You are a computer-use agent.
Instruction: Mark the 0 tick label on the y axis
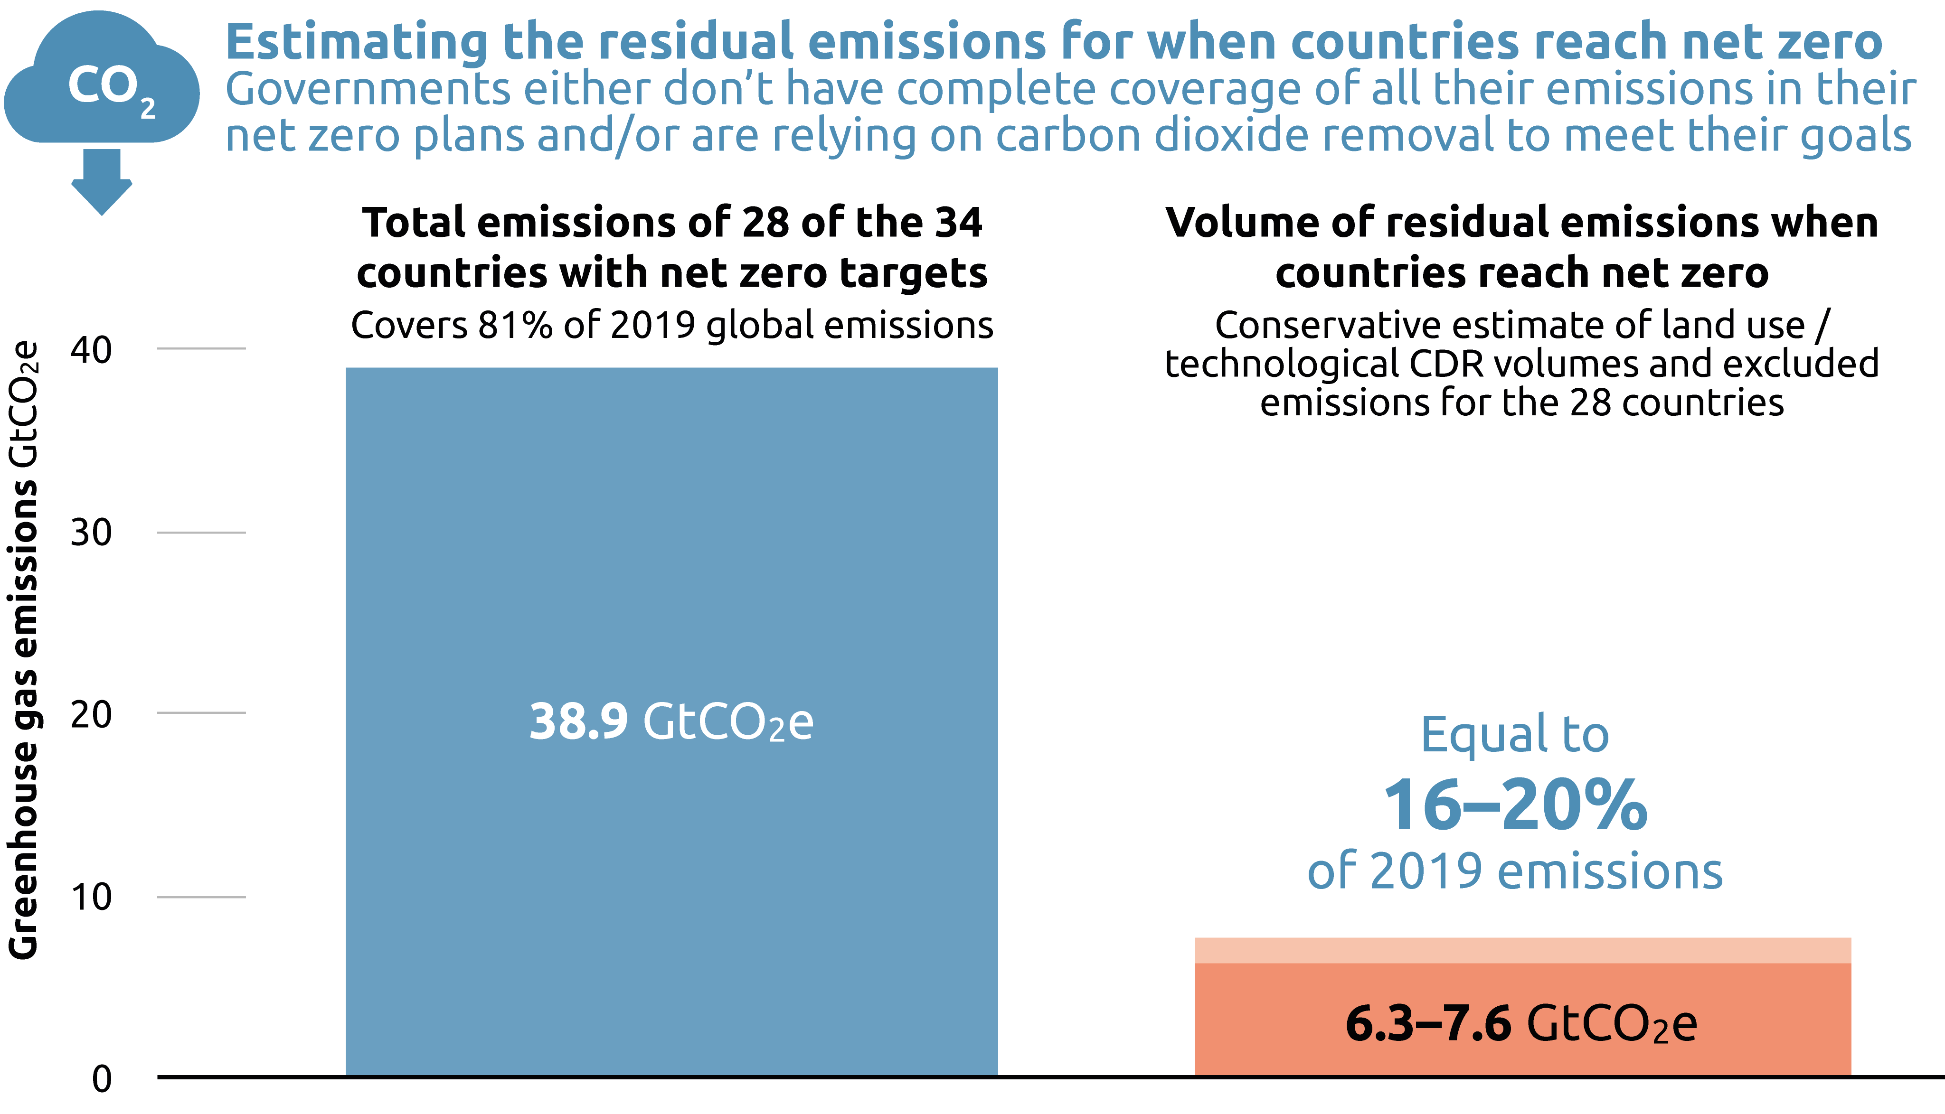pyautogui.click(x=102, y=1079)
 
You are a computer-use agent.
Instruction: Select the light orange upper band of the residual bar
pyautogui.click(x=1522, y=950)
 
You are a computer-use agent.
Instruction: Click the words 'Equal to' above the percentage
pyautogui.click(x=1515, y=734)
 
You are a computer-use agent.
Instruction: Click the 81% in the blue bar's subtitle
pyautogui.click(x=515, y=325)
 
